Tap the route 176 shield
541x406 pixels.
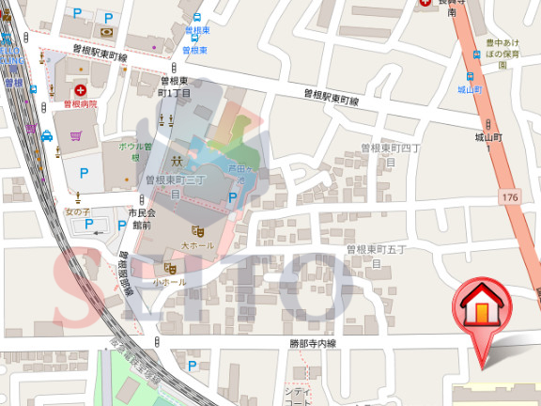(x=509, y=196)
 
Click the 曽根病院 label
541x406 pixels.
(x=81, y=103)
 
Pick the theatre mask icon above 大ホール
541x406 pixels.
(x=197, y=230)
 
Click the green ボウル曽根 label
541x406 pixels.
(x=134, y=152)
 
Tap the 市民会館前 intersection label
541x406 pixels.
(x=139, y=219)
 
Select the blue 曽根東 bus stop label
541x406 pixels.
(x=196, y=31)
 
